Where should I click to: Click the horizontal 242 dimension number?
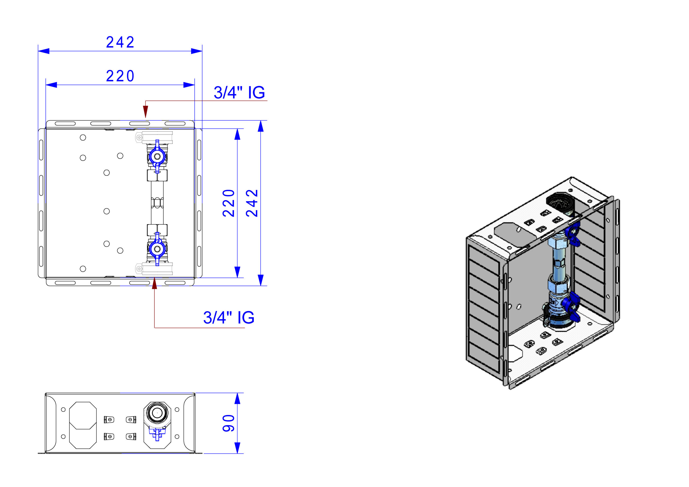point(120,42)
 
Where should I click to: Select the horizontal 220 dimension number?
point(120,76)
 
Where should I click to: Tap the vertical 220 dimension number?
point(229,203)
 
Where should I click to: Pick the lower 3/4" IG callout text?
point(229,318)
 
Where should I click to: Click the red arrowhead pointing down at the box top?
point(146,112)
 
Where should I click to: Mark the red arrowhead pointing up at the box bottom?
point(154,283)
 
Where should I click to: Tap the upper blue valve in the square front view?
point(157,156)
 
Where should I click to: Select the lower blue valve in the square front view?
point(157,248)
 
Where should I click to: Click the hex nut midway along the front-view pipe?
point(157,203)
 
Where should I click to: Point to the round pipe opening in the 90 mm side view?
point(157,413)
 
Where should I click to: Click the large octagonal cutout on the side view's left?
point(83,425)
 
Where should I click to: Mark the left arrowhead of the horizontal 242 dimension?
point(44,51)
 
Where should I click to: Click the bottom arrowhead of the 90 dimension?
point(237,448)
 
